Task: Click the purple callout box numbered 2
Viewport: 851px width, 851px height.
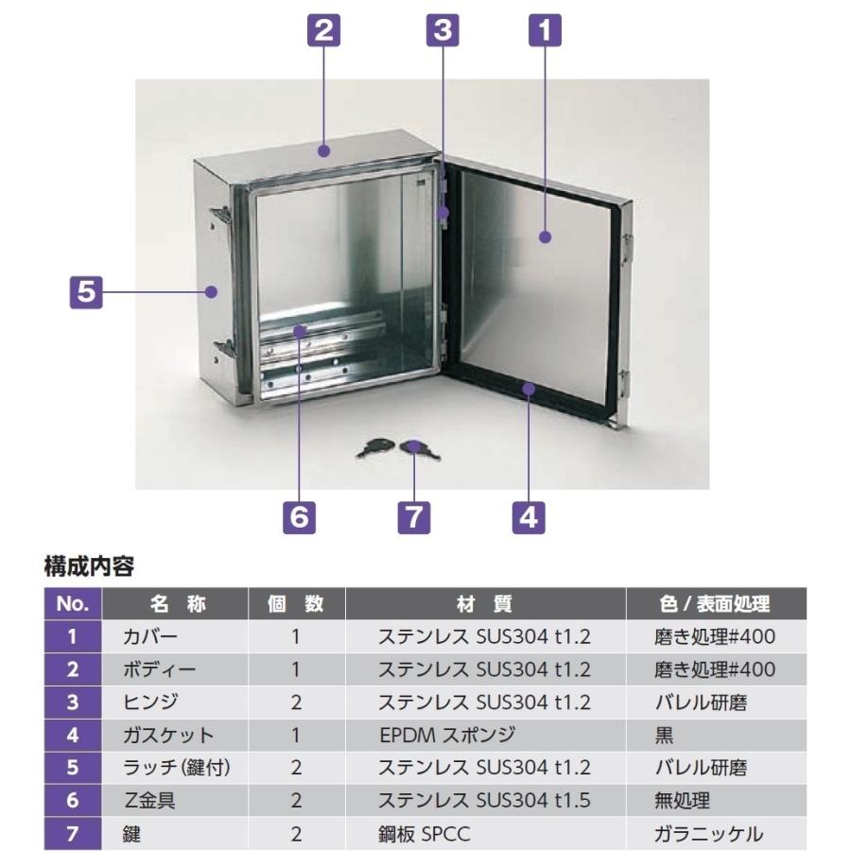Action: click(x=323, y=30)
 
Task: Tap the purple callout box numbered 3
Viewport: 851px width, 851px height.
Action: click(x=443, y=30)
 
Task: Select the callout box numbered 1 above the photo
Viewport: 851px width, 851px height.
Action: click(x=545, y=30)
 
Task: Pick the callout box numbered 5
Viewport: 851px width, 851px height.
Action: click(x=86, y=292)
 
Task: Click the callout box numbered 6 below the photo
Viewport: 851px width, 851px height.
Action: click(x=299, y=516)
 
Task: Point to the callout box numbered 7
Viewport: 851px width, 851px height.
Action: click(x=414, y=516)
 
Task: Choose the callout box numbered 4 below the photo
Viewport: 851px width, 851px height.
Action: click(x=529, y=516)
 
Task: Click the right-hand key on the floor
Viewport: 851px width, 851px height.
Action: click(x=420, y=450)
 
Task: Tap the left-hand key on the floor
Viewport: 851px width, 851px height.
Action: click(x=375, y=448)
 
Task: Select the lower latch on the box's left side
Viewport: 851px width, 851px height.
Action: click(x=221, y=349)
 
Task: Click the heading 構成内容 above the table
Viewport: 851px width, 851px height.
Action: click(x=89, y=566)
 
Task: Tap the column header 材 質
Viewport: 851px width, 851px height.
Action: click(x=485, y=603)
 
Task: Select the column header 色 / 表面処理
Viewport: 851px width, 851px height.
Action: click(x=715, y=603)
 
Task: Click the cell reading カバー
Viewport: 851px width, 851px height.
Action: click(x=149, y=636)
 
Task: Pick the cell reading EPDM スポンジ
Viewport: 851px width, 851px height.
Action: click(x=447, y=735)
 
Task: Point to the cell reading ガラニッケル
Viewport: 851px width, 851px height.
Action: click(x=708, y=834)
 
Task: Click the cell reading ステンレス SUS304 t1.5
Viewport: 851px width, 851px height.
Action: click(x=484, y=800)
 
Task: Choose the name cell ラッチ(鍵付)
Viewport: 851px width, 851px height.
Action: click(x=177, y=768)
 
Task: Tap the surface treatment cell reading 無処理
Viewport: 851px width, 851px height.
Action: click(x=682, y=800)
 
